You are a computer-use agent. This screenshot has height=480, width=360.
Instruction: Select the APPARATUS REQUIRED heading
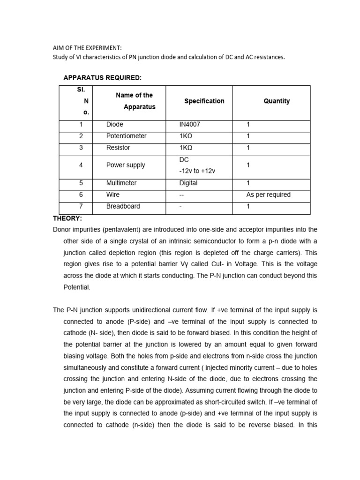click(x=102, y=77)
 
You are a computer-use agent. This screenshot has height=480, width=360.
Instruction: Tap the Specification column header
click(x=204, y=101)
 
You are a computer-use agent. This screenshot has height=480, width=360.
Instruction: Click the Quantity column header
click(x=277, y=101)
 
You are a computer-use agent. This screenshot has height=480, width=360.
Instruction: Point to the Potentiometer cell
click(x=126, y=136)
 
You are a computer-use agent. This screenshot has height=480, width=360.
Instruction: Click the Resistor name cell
click(x=118, y=148)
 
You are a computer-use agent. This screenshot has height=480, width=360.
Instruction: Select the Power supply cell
click(x=126, y=165)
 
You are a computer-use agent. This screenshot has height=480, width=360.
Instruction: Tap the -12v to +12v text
click(x=197, y=171)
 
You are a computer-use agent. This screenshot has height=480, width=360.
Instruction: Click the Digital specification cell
click(x=188, y=183)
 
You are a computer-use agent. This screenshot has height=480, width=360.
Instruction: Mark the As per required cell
click(x=269, y=195)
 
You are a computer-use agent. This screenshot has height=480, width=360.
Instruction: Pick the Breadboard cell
click(x=123, y=206)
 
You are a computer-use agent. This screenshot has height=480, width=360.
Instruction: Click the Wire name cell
click(x=113, y=195)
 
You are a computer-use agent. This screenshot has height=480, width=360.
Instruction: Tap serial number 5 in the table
click(x=81, y=183)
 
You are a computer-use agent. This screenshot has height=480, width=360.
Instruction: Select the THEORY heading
click(x=67, y=218)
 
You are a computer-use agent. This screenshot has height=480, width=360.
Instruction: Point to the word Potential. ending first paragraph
click(x=76, y=287)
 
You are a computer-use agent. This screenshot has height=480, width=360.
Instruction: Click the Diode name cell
click(x=115, y=124)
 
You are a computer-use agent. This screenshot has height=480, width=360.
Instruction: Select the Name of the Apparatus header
click(x=134, y=101)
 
